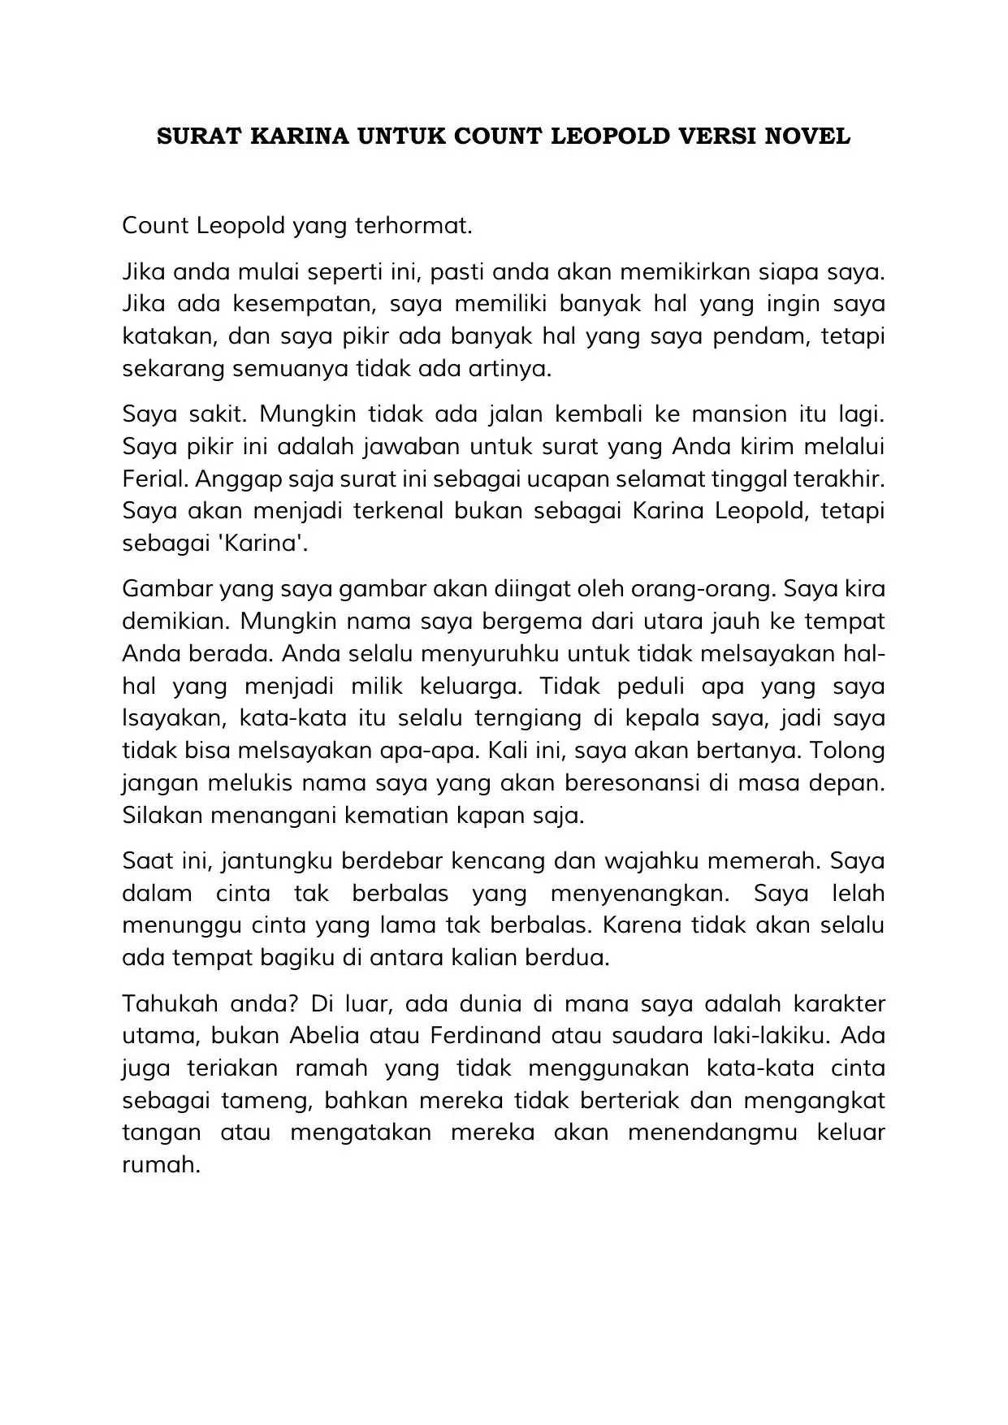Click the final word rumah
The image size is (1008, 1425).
coord(160,1165)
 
